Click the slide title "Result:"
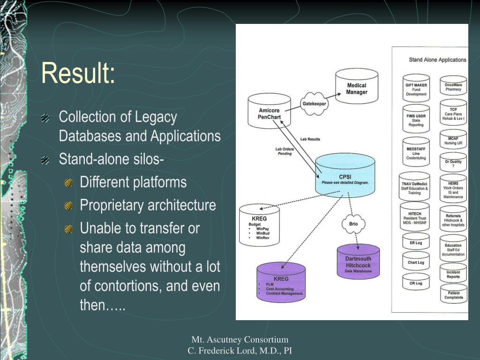(x=78, y=73)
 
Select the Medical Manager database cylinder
(x=356, y=89)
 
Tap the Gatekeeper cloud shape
(x=314, y=104)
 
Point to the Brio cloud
(x=353, y=224)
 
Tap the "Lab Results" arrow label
(x=310, y=139)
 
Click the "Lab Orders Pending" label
(x=284, y=151)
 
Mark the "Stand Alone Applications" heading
(x=437, y=60)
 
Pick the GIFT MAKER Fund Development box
(x=416, y=89)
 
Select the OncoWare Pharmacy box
(x=453, y=87)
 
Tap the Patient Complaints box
(x=453, y=295)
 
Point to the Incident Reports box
(x=453, y=274)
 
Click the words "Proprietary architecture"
(x=148, y=205)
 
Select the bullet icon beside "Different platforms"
(x=69, y=182)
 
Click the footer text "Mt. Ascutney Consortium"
(x=240, y=339)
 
